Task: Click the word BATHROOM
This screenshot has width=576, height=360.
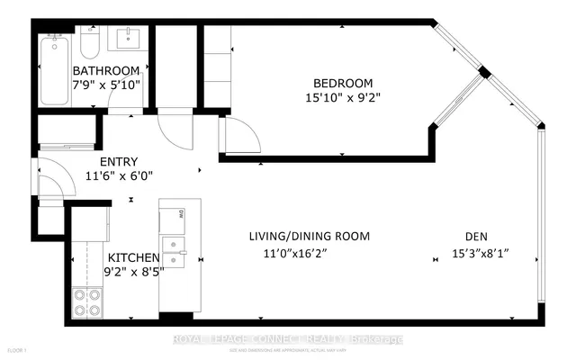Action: tap(106, 71)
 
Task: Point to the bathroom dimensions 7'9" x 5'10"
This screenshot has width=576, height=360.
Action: tap(106, 86)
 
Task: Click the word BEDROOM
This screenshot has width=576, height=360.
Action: tap(332, 77)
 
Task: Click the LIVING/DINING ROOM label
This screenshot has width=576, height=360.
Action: tap(310, 237)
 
